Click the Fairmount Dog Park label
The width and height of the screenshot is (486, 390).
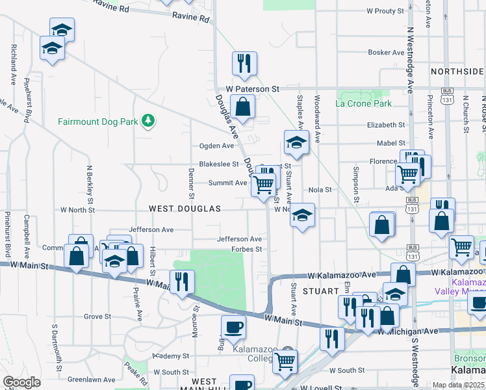pyautogui.click(x=99, y=121)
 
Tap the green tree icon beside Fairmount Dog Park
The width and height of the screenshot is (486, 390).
pyautogui.click(x=149, y=120)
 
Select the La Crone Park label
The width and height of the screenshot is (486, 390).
pyautogui.click(x=363, y=103)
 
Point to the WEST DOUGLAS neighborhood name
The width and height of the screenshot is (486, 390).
pyautogui.click(x=185, y=209)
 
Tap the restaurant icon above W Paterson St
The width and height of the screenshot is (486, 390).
pyautogui.click(x=244, y=64)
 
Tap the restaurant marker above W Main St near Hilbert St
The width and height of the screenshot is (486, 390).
pyautogui.click(x=182, y=281)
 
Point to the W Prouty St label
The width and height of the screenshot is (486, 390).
pyautogui.click(x=385, y=11)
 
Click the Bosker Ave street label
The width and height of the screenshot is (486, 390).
pyautogui.click(x=386, y=52)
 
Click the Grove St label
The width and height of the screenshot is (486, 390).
pyautogui.click(x=97, y=317)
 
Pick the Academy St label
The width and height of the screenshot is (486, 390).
pyautogui.click(x=171, y=356)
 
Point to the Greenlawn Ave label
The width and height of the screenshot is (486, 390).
pyautogui.click(x=86, y=379)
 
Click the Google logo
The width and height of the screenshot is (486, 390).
pyautogui.click(x=21, y=382)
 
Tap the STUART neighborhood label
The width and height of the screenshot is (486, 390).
pyautogui.click(x=315, y=292)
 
